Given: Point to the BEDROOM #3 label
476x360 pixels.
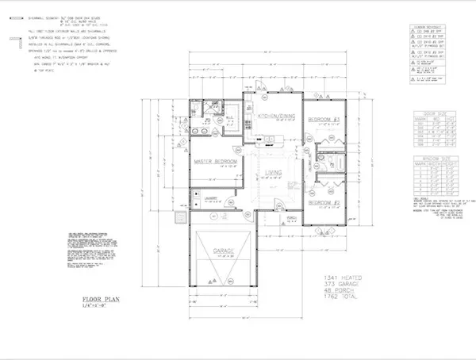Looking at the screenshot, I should (x=324, y=120).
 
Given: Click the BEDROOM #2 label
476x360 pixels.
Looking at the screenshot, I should (x=324, y=201).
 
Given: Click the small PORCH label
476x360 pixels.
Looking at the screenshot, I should (x=292, y=217).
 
